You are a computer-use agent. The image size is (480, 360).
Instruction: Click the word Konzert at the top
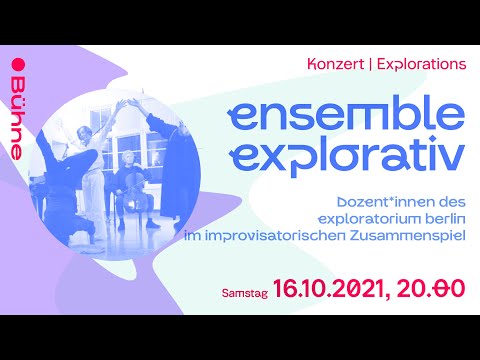(x=335, y=64)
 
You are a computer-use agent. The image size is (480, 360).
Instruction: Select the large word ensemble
(x=345, y=114)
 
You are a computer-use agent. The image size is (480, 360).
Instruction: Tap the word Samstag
(x=244, y=291)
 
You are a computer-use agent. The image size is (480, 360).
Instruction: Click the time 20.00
(x=431, y=289)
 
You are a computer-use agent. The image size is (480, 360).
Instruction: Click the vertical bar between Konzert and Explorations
(x=370, y=64)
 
